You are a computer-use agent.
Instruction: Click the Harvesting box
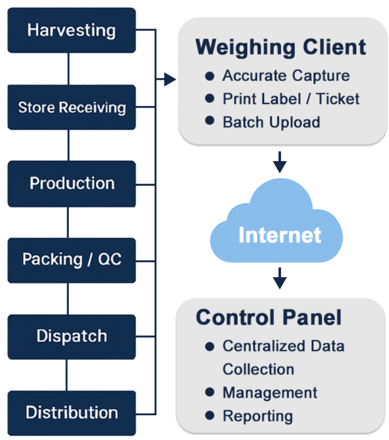[72, 30]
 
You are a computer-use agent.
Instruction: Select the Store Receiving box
[72, 107]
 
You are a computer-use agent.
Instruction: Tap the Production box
[72, 183]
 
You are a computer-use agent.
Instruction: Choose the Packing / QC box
[72, 259]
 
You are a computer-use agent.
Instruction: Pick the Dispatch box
[72, 336]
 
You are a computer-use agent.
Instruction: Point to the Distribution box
[72, 413]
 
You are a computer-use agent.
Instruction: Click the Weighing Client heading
[281, 47]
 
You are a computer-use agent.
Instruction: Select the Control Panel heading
[269, 317]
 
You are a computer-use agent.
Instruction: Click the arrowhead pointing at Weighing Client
[169, 80]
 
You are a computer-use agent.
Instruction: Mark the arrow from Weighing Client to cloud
[280, 162]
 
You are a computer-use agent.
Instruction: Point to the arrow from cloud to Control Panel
[280, 278]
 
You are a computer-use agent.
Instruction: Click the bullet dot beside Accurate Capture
[209, 75]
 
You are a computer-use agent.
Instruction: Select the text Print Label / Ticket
[291, 99]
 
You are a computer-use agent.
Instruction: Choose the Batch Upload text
[271, 122]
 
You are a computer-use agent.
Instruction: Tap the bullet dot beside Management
[209, 392]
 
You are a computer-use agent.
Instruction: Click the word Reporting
[257, 416]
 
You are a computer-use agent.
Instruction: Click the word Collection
[258, 370]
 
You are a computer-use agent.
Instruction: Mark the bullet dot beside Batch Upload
[209, 121]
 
